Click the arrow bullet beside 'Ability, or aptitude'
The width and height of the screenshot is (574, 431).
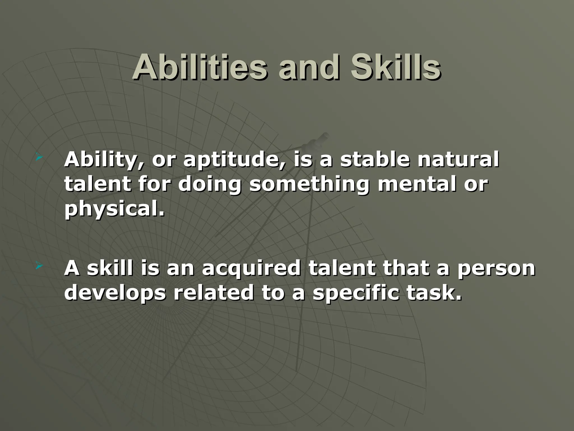tap(39, 159)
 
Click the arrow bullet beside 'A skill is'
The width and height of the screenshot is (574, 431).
tap(39, 265)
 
